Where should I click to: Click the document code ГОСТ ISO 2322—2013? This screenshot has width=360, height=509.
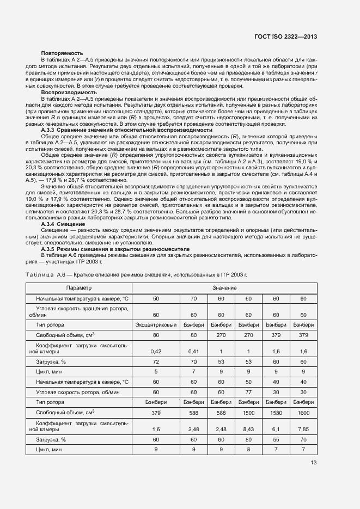(285, 36)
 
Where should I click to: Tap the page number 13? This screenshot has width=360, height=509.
(313, 463)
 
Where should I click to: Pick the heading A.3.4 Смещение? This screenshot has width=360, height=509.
(63, 224)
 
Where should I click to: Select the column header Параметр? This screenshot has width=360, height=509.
(79, 287)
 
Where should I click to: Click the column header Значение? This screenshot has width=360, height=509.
(224, 287)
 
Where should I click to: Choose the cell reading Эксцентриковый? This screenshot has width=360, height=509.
(156, 324)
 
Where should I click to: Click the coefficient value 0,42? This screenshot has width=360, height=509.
(156, 351)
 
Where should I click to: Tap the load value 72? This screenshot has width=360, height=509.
(156, 361)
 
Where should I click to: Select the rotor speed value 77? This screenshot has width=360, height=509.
(248, 392)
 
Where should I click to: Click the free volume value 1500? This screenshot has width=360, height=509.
(248, 413)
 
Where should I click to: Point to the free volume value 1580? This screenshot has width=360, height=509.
(275, 413)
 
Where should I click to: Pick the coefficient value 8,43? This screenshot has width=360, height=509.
(248, 429)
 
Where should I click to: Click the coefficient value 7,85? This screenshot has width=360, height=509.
(302, 429)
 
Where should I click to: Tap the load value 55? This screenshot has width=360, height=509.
(275, 439)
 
